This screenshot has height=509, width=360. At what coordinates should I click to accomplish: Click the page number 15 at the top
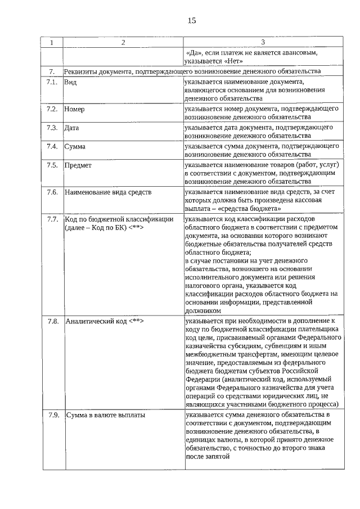tap(191, 21)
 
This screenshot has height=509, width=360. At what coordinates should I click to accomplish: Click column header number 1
tap(52, 43)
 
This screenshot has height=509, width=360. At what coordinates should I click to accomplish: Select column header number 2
tap(123, 43)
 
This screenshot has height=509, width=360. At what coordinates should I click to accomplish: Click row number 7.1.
tap(52, 82)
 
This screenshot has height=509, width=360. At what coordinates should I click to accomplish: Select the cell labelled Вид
tap(70, 82)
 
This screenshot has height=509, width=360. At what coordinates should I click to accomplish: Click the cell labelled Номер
tap(74, 109)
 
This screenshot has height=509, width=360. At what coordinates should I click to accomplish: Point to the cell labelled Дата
tap(71, 128)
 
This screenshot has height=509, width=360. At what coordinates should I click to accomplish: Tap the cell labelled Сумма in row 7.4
tap(75, 147)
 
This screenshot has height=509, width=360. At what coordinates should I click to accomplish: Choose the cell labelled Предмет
tap(78, 166)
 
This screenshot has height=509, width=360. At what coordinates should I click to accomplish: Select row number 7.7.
tap(53, 218)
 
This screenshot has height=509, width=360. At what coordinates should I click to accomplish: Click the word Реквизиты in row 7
tap(82, 71)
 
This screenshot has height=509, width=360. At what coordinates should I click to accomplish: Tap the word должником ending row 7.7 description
tap(202, 310)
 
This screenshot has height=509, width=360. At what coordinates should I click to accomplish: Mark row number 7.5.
tap(53, 165)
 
